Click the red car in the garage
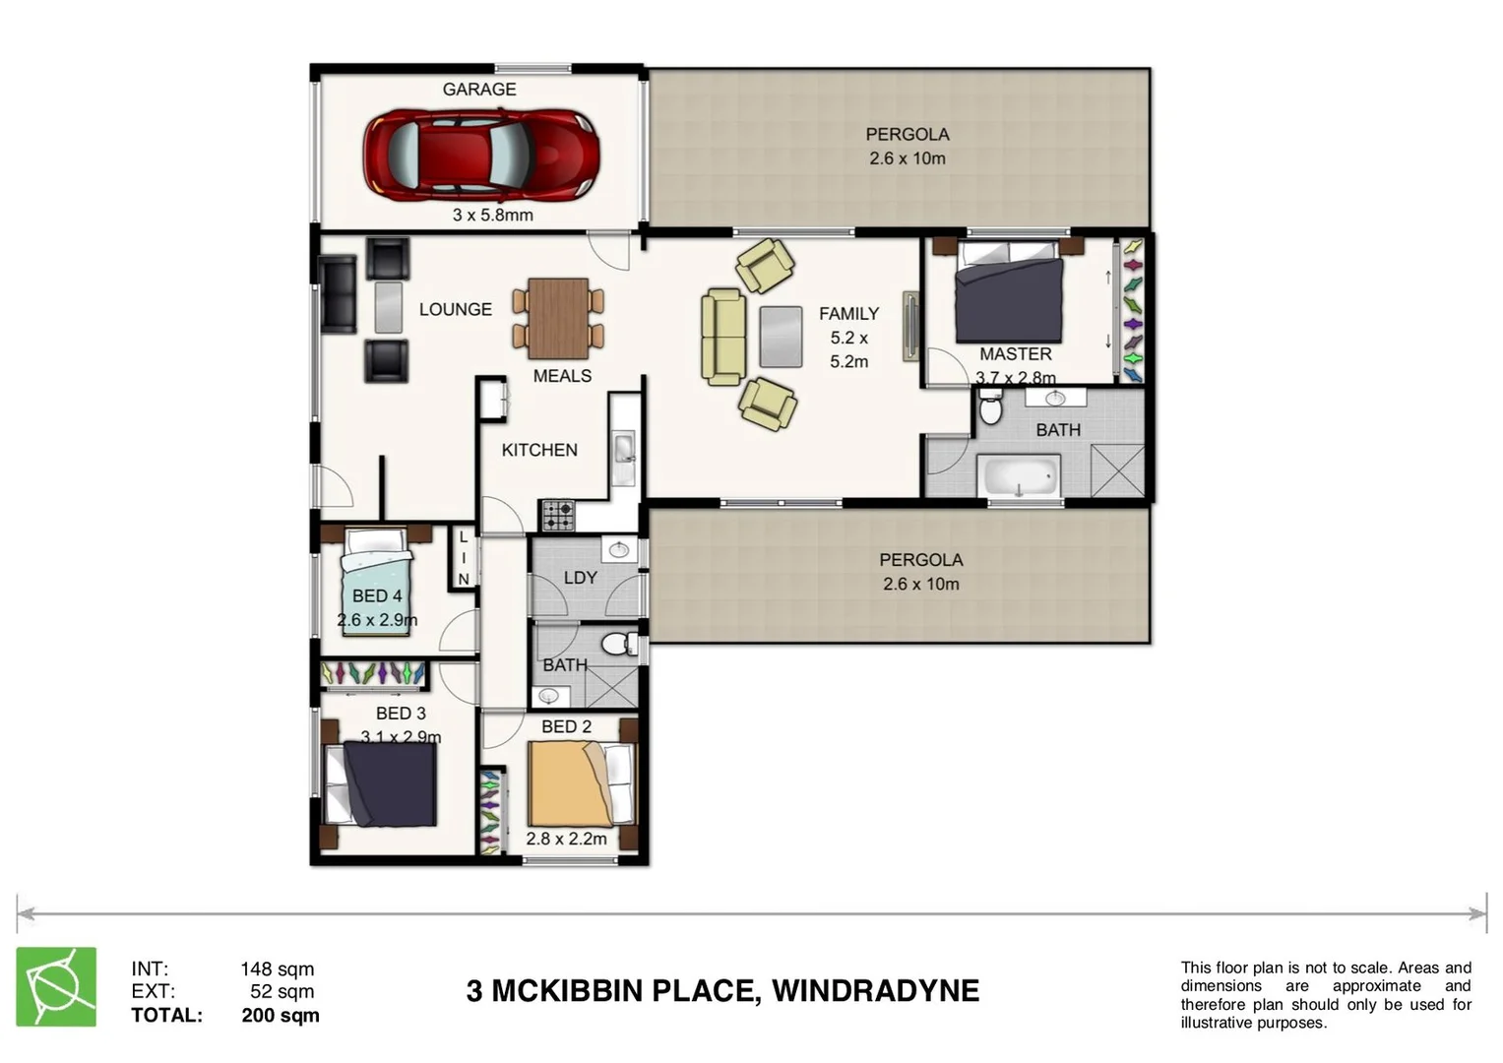coord(481,154)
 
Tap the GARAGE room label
coord(479,90)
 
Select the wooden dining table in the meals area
coord(558,319)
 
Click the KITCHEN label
coord(539,450)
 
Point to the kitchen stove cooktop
coord(558,515)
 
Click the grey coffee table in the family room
coord(781,337)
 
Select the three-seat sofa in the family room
coord(722,337)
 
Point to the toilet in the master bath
coord(990,407)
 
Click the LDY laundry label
coord(581,578)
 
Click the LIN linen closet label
coord(464,558)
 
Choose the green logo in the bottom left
coord(56,987)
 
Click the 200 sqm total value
coord(281,1015)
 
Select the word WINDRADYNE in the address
coord(875,990)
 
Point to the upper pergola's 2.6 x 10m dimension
coord(907,158)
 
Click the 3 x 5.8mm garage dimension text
coord(492,215)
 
